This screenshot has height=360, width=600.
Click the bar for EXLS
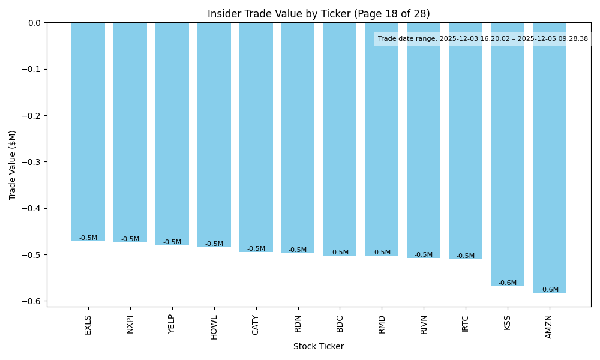tap(88, 132)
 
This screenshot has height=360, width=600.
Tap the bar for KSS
tap(508, 156)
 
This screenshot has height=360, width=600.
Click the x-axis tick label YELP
tap(172, 324)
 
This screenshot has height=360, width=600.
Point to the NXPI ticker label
tap(130, 325)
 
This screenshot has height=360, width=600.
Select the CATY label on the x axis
tap(256, 325)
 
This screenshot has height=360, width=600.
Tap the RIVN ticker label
tap(424, 325)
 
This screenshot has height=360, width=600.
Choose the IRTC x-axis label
tap(466, 325)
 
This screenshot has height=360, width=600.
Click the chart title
tap(319, 14)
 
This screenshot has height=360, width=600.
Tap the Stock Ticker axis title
tap(319, 347)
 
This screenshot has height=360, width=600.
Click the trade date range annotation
tap(483, 39)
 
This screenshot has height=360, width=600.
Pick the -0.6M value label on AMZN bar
tap(550, 290)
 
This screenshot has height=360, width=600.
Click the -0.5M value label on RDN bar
tap(298, 250)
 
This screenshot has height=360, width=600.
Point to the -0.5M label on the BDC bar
tap(340, 253)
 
